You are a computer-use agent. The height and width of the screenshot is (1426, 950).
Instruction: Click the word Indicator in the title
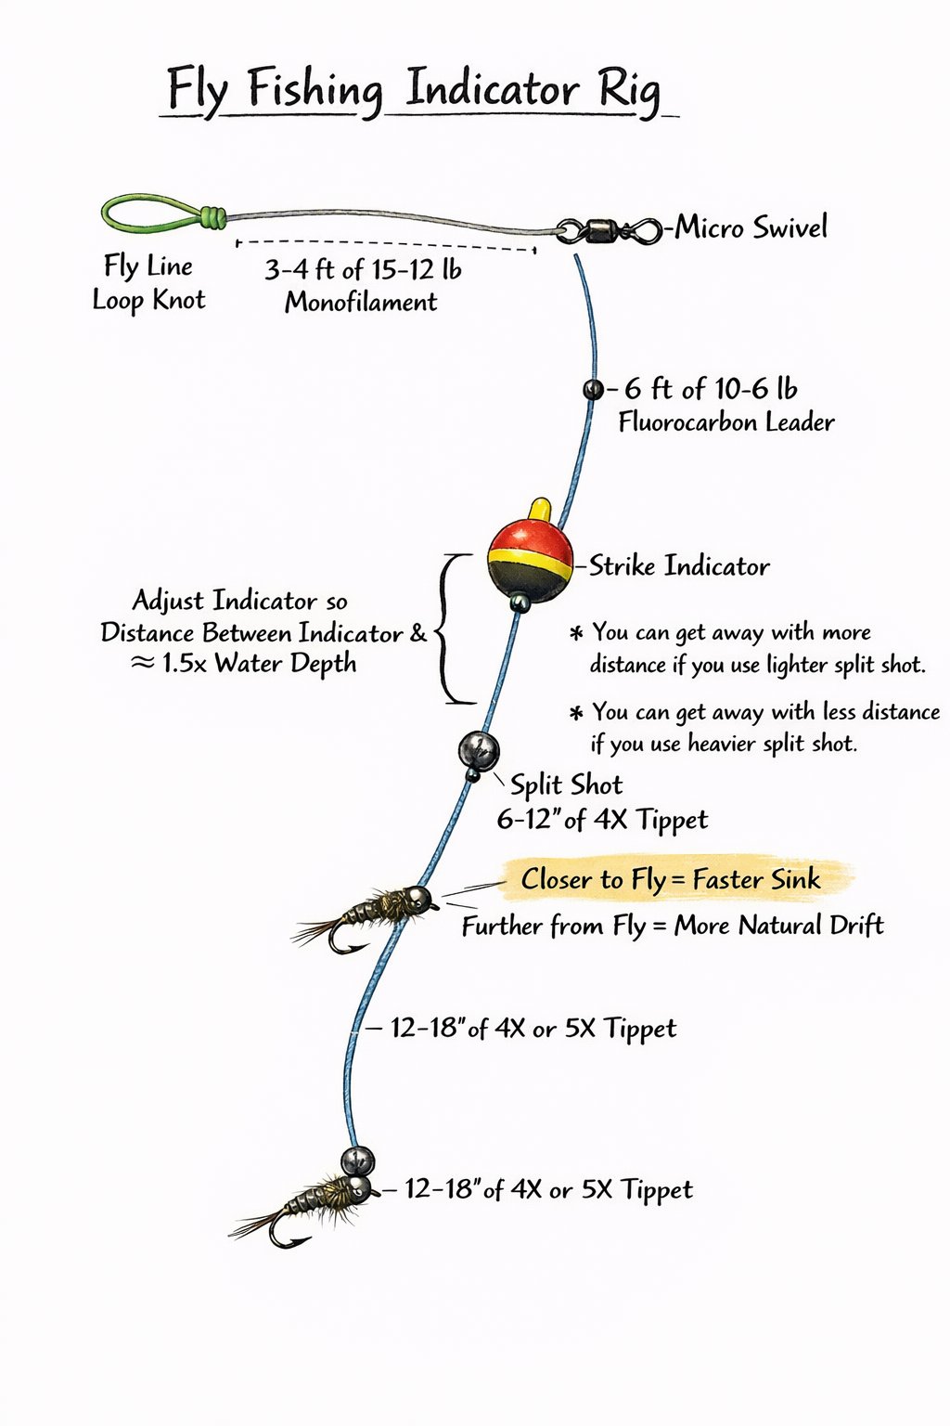[492, 90]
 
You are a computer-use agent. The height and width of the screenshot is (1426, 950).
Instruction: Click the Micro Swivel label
[751, 227]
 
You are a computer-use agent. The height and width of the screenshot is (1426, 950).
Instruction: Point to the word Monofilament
[361, 302]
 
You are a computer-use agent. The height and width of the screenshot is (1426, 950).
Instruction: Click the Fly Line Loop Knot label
[148, 283]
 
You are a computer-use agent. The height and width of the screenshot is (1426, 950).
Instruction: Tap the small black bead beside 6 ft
[593, 389]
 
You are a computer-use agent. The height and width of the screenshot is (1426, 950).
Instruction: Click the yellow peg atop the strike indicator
[538, 512]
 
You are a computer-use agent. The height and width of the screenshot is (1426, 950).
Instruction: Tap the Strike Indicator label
[679, 566]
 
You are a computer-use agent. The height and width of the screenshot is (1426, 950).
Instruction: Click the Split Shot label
[566, 785]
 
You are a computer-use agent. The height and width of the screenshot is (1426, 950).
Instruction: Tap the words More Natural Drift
[778, 926]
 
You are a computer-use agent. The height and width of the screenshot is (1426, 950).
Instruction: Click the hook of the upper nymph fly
[344, 944]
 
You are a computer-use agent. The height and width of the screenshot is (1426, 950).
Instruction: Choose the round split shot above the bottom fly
[357, 1160]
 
